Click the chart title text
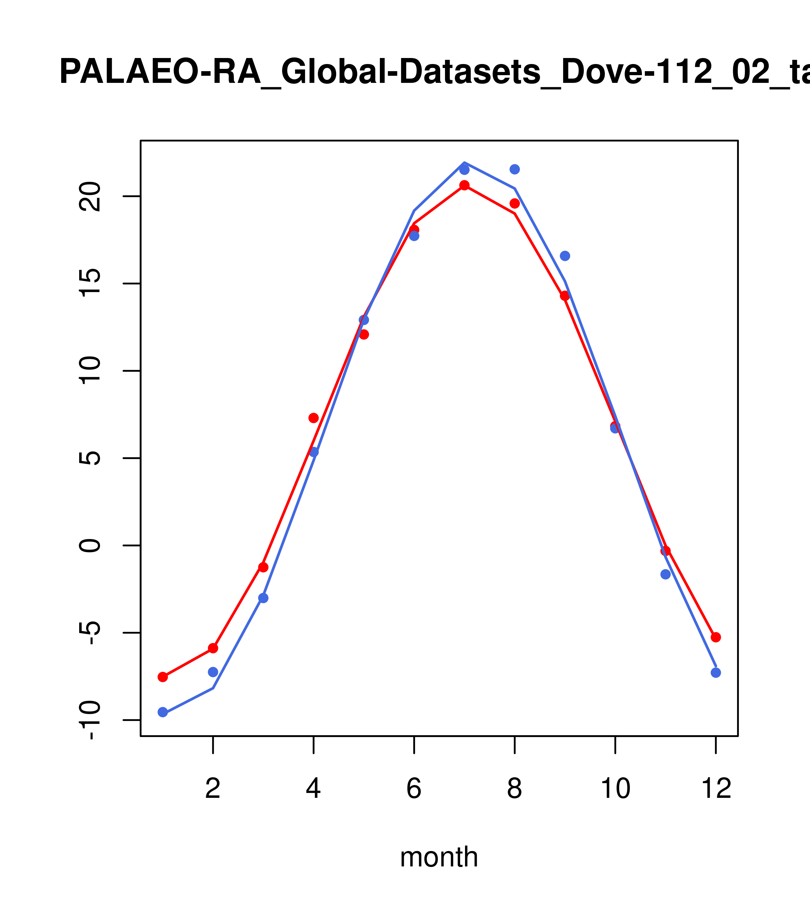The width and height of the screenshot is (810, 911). click(435, 72)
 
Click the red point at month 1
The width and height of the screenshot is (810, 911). click(163, 677)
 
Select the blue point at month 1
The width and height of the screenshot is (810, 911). click(163, 712)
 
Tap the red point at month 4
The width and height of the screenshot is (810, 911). click(313, 417)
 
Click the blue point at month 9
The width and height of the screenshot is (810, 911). click(565, 256)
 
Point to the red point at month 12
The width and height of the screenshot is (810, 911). click(716, 637)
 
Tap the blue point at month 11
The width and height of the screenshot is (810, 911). click(666, 574)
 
